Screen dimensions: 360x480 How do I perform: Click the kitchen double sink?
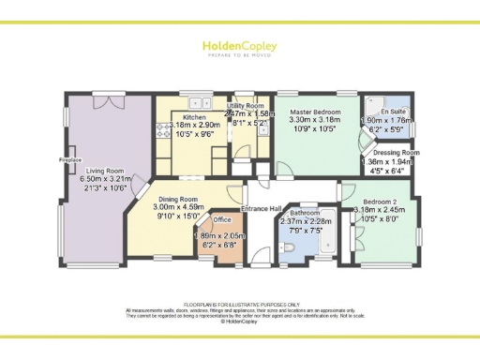point(198,102)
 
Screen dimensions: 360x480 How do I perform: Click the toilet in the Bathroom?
point(287,246)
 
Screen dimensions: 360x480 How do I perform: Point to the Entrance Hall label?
point(262,207)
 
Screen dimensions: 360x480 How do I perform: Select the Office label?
point(222,219)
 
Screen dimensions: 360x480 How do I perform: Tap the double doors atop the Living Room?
point(112,98)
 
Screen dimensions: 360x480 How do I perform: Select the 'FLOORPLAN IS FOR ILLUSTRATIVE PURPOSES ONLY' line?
point(240,305)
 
